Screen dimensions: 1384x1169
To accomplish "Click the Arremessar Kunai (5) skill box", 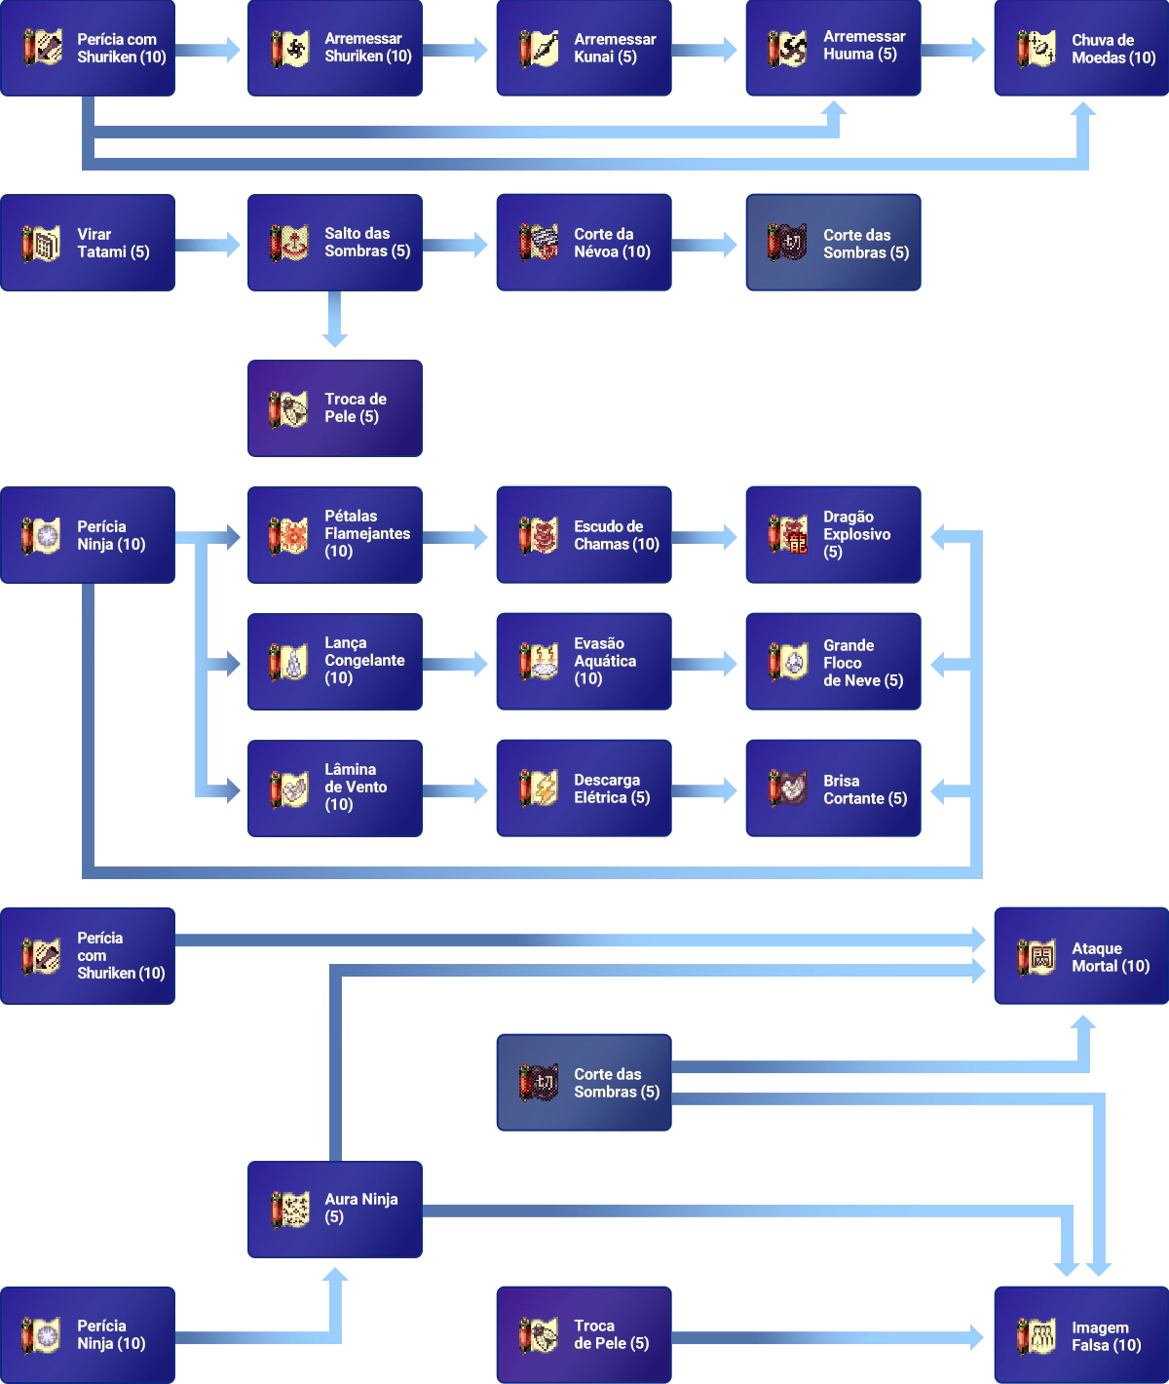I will click(584, 49).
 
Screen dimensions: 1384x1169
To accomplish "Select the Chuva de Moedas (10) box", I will click(1079, 49).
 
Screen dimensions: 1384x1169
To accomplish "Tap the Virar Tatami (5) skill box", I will click(90, 243).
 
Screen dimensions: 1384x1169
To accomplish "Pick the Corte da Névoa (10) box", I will click(584, 243).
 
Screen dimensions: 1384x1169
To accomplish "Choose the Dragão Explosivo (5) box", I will click(834, 534).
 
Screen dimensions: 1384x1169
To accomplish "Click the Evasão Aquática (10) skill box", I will click(584, 661).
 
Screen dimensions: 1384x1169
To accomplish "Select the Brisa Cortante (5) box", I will click(834, 788).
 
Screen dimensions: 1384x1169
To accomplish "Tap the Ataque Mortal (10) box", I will click(1079, 956).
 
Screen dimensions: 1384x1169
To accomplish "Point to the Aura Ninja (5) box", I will click(335, 1209).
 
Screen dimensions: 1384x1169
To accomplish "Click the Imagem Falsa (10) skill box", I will click(1079, 1335).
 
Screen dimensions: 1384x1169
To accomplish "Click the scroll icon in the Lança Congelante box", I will click(288, 662).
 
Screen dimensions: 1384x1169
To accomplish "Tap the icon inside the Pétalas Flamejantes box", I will click(288, 535).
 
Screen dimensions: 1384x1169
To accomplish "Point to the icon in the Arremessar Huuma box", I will click(787, 49).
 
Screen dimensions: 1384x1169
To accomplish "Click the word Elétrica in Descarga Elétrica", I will click(600, 797).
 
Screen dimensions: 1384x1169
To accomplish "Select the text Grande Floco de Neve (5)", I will click(862, 663).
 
